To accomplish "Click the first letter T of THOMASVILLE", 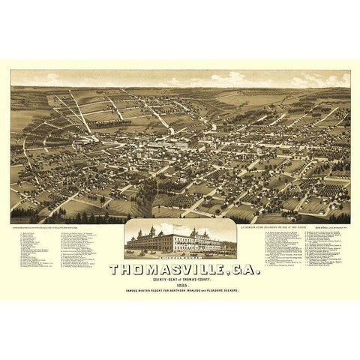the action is click(x=115, y=269).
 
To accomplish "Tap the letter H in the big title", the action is click(x=127, y=269).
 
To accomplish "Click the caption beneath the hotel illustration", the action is click(x=180, y=257).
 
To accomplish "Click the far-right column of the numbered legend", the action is click(x=327, y=259).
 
